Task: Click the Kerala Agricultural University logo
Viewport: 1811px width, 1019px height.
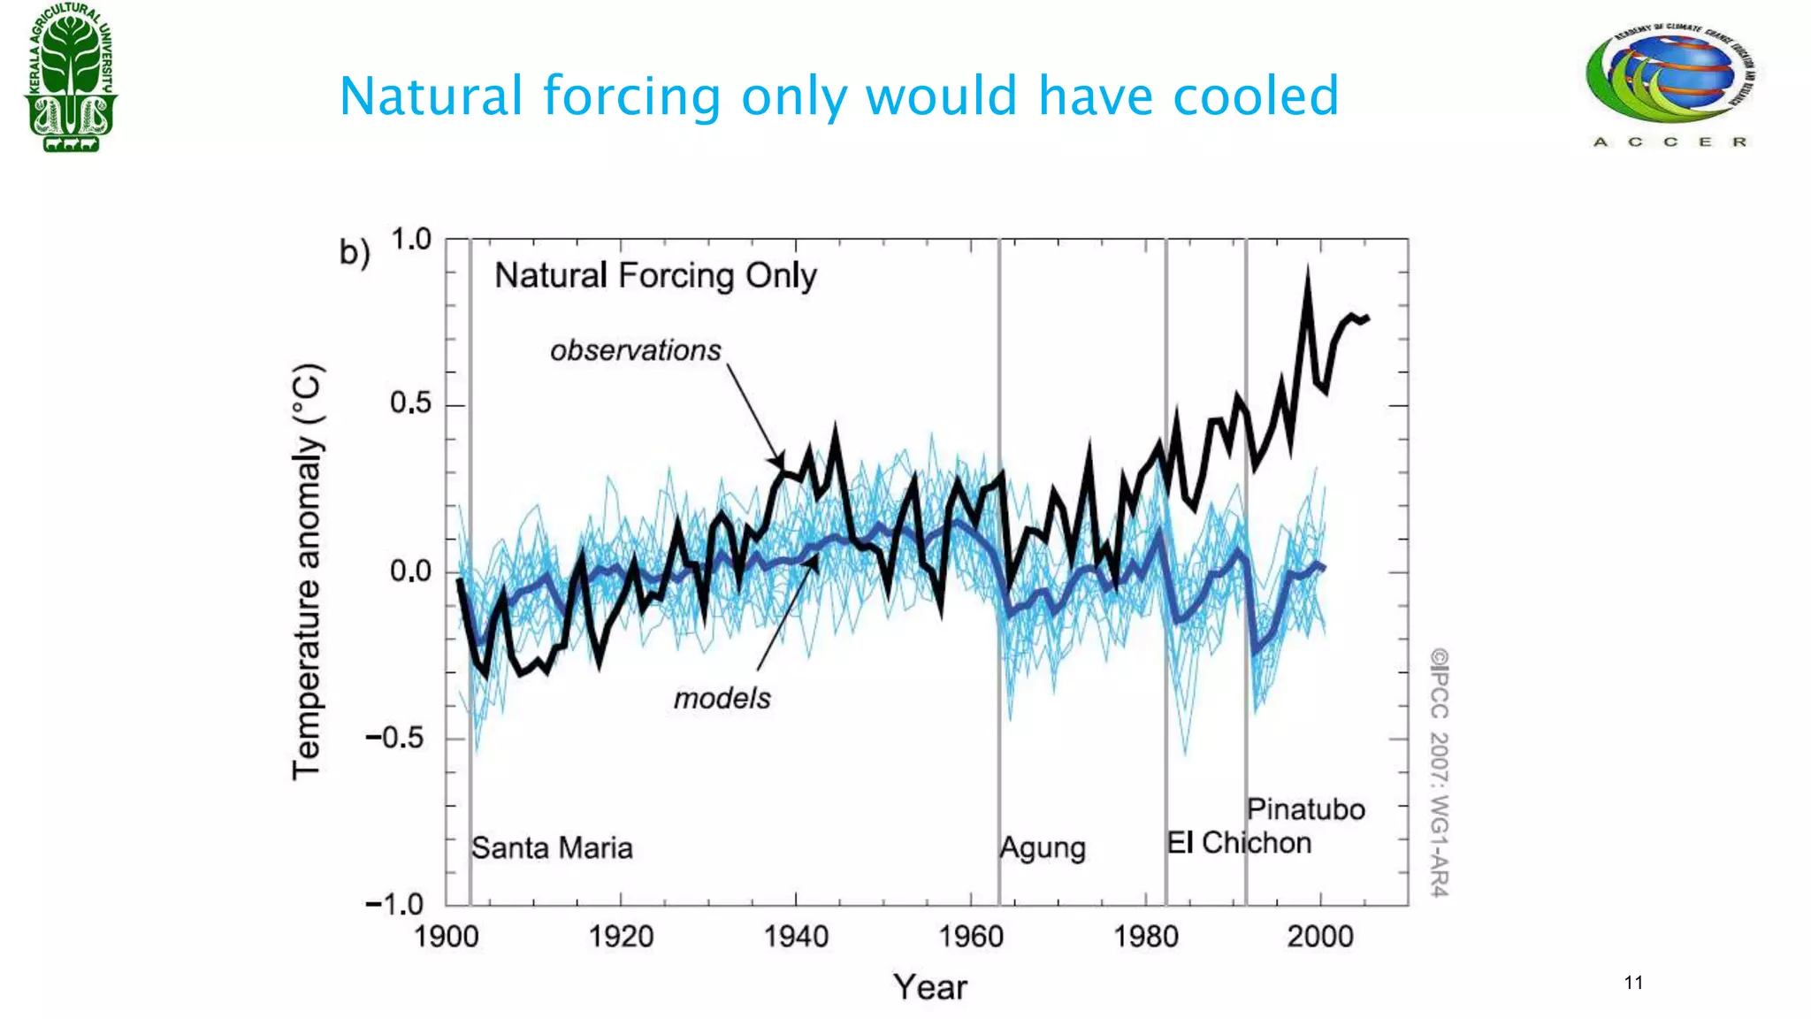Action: [71, 78]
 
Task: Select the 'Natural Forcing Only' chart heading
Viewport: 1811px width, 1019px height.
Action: [654, 276]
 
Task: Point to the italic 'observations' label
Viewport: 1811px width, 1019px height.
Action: [635, 350]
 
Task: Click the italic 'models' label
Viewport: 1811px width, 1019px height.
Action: [722, 699]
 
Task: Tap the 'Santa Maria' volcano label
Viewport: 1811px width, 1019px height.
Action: [552, 848]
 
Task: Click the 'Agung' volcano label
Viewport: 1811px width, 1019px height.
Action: [1043, 848]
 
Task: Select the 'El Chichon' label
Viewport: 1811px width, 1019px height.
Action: [1238, 843]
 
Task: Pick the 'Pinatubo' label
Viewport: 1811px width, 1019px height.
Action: [1305, 809]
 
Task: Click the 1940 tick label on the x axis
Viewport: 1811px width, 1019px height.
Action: [796, 936]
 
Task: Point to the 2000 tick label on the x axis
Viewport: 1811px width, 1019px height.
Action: [1319, 936]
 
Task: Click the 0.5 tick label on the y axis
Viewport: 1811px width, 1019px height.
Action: [410, 404]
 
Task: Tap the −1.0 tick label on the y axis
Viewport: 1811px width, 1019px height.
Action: [395, 904]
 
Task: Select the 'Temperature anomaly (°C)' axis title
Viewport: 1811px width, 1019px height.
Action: [307, 571]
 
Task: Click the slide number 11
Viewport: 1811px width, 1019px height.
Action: [1633, 983]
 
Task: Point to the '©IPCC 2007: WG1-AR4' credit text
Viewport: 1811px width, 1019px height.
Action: [1439, 772]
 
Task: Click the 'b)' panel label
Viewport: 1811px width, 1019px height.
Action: [355, 253]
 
